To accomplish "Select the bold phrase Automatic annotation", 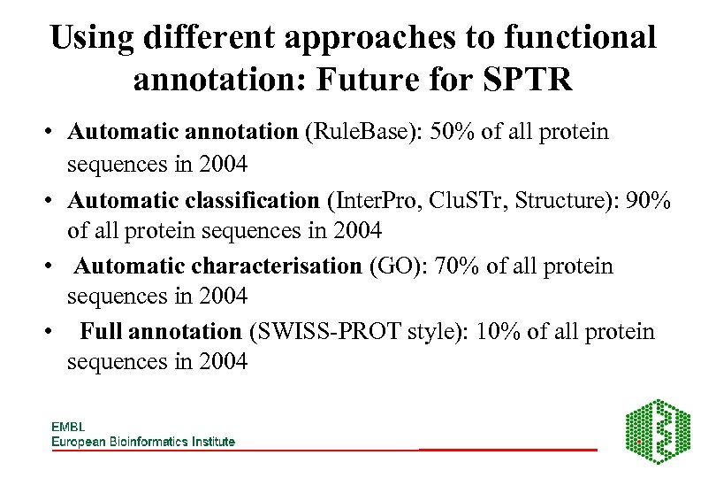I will click(x=183, y=132).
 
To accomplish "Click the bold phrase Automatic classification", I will click(x=195, y=200).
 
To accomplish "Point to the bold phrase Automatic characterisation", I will click(x=218, y=266).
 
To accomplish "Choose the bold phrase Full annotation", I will click(x=161, y=332).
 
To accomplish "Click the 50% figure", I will click(x=453, y=132).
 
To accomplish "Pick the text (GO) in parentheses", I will click(x=390, y=266).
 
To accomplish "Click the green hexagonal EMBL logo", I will click(x=659, y=431).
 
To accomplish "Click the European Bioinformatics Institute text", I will click(x=143, y=441).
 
